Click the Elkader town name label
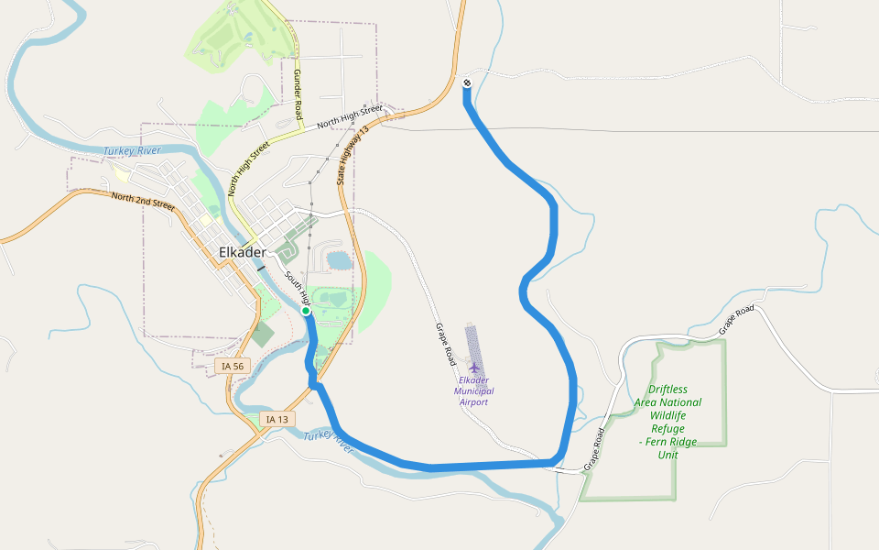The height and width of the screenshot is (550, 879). tap(243, 252)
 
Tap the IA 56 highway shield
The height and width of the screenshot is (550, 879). tap(233, 367)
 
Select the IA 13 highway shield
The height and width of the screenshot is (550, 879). tap(277, 419)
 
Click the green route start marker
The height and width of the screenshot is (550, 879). tap(306, 312)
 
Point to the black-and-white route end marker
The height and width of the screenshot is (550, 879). tap(467, 83)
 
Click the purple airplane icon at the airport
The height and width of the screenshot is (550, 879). tap(473, 368)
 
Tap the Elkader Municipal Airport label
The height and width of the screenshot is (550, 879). tap(473, 390)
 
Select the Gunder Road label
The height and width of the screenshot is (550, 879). tap(298, 93)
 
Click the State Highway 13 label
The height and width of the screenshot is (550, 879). tap(352, 156)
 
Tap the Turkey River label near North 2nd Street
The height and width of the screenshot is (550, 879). tap(132, 150)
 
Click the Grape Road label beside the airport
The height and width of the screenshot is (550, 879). tap(445, 344)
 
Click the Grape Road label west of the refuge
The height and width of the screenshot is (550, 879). tap(595, 449)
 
